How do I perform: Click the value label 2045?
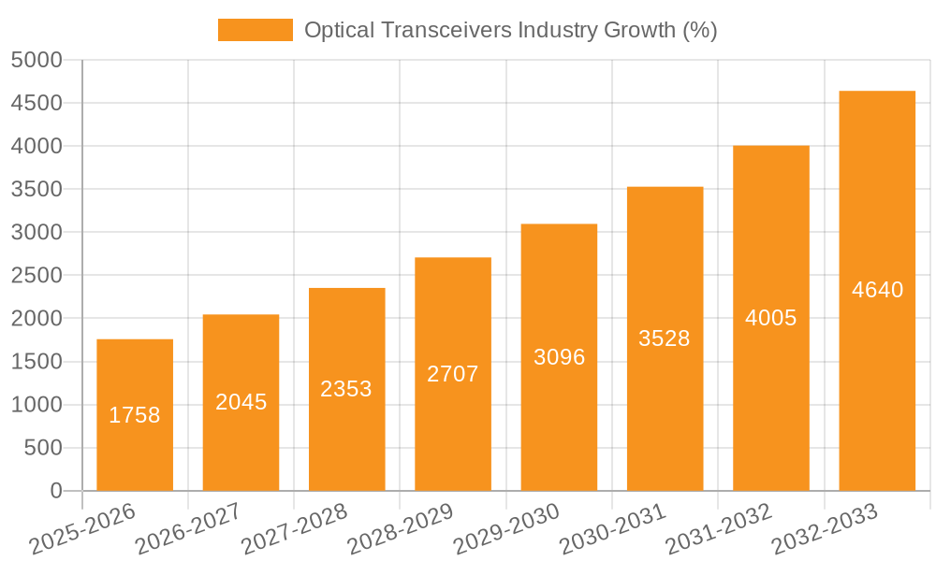pos(241,402)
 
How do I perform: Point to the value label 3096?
pos(560,357)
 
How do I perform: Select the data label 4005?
pos(771,318)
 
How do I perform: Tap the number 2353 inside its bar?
pos(346,389)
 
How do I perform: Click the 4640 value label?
pos(878,290)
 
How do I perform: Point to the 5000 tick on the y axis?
pos(37,60)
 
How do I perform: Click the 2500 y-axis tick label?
pos(37,276)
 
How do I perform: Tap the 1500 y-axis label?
pos(37,362)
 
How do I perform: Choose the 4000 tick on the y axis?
pos(37,146)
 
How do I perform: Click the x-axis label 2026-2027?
pos(188,529)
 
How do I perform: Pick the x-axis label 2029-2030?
pos(506,529)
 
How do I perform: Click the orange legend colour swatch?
pos(255,30)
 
